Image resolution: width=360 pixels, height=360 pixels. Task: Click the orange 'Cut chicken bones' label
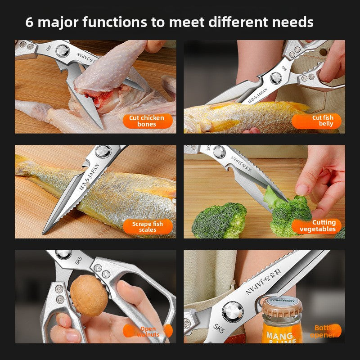tap(147, 121)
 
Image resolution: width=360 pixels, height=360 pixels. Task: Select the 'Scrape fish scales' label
tap(147, 226)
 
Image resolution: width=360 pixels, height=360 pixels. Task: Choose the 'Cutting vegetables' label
tap(317, 226)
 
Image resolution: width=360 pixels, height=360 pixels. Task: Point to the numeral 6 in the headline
tap(29, 22)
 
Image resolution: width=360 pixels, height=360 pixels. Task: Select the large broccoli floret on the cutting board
tap(220, 220)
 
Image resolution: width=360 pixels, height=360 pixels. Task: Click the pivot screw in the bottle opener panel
tap(233, 311)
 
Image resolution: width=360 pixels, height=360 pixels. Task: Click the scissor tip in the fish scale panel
tap(45, 232)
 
